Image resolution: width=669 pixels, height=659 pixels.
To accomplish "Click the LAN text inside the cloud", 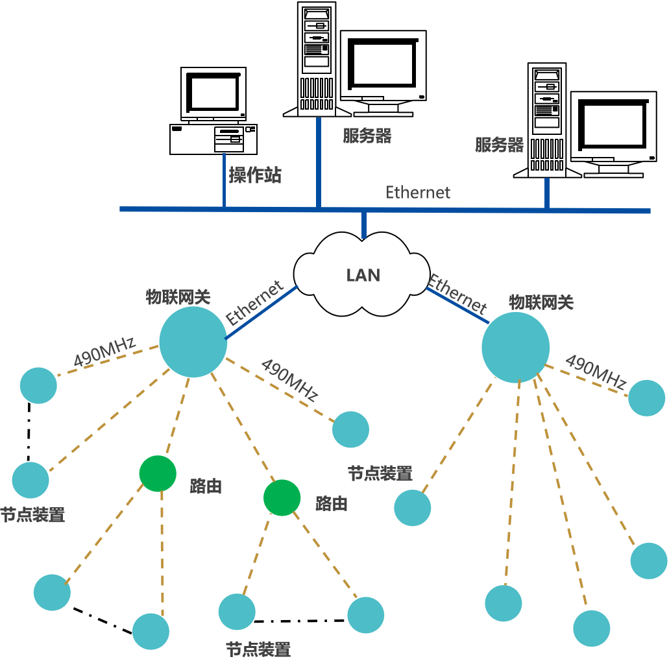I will (363, 275).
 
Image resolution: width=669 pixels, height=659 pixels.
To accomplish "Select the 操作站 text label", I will (255, 175).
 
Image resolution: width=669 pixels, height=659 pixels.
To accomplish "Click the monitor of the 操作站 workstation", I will (213, 93).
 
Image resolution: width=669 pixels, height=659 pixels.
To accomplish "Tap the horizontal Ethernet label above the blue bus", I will (418, 193).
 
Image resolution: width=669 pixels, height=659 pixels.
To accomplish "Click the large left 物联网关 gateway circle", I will (193, 342).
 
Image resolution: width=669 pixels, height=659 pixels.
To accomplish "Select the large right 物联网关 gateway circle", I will (515, 348).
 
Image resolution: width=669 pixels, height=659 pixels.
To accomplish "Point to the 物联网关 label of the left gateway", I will (178, 297).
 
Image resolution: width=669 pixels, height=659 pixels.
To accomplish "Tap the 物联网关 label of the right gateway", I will (541, 302).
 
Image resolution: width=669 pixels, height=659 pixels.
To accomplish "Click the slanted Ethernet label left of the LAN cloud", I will (254, 303).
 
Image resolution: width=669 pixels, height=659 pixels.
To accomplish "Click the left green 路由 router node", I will (158, 473).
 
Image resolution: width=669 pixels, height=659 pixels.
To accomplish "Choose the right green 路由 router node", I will (282, 497).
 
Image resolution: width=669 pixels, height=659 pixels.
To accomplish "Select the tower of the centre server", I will (317, 58).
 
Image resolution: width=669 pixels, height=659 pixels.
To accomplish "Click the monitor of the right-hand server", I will (613, 127).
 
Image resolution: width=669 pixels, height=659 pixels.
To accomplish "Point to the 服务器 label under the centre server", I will (367, 136).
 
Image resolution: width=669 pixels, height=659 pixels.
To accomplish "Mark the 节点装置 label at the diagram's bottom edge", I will (258, 649).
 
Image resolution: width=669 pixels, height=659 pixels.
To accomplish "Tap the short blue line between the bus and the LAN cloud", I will (364, 224).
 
